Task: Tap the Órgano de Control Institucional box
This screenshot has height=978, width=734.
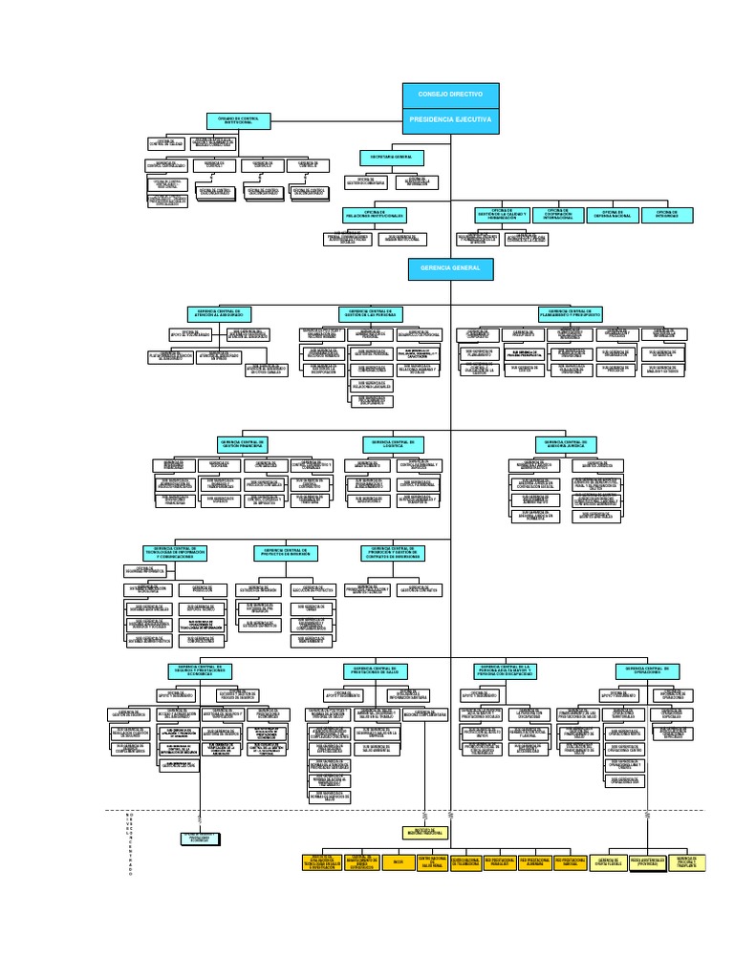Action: [240, 120]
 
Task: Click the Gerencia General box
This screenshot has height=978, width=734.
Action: [450, 269]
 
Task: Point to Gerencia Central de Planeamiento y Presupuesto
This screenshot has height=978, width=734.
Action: [571, 313]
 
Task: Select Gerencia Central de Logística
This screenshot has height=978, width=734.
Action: [391, 444]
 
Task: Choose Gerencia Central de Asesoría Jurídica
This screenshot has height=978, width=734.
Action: [571, 444]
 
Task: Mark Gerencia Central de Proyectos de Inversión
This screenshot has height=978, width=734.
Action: [287, 552]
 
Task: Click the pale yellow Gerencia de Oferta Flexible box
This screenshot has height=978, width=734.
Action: [609, 862]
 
